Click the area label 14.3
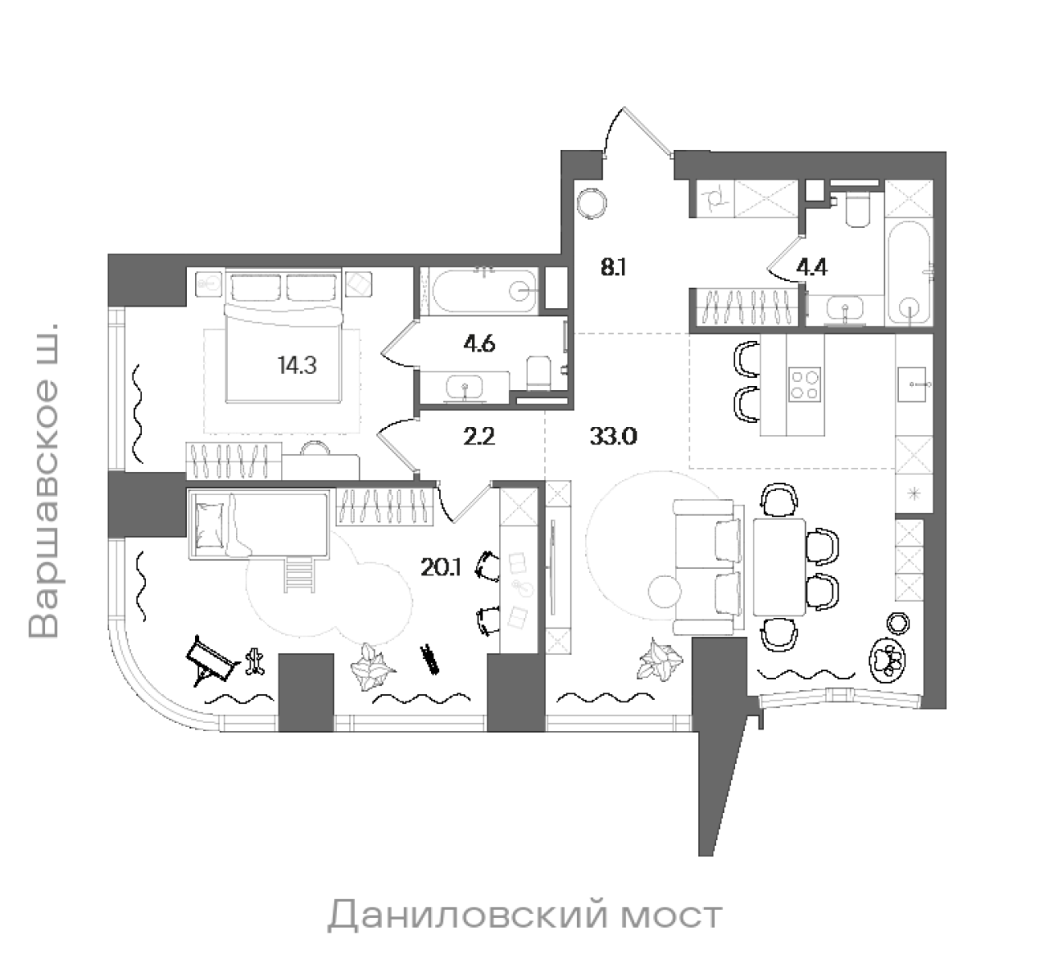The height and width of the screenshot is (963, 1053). (x=297, y=367)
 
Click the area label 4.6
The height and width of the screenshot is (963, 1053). (x=479, y=344)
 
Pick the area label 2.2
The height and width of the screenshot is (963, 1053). (x=479, y=437)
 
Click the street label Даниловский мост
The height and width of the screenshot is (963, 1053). (x=525, y=916)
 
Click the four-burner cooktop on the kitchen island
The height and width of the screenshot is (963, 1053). (x=805, y=384)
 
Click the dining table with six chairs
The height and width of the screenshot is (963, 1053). (x=779, y=567)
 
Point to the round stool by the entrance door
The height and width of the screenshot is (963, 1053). (x=595, y=201)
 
